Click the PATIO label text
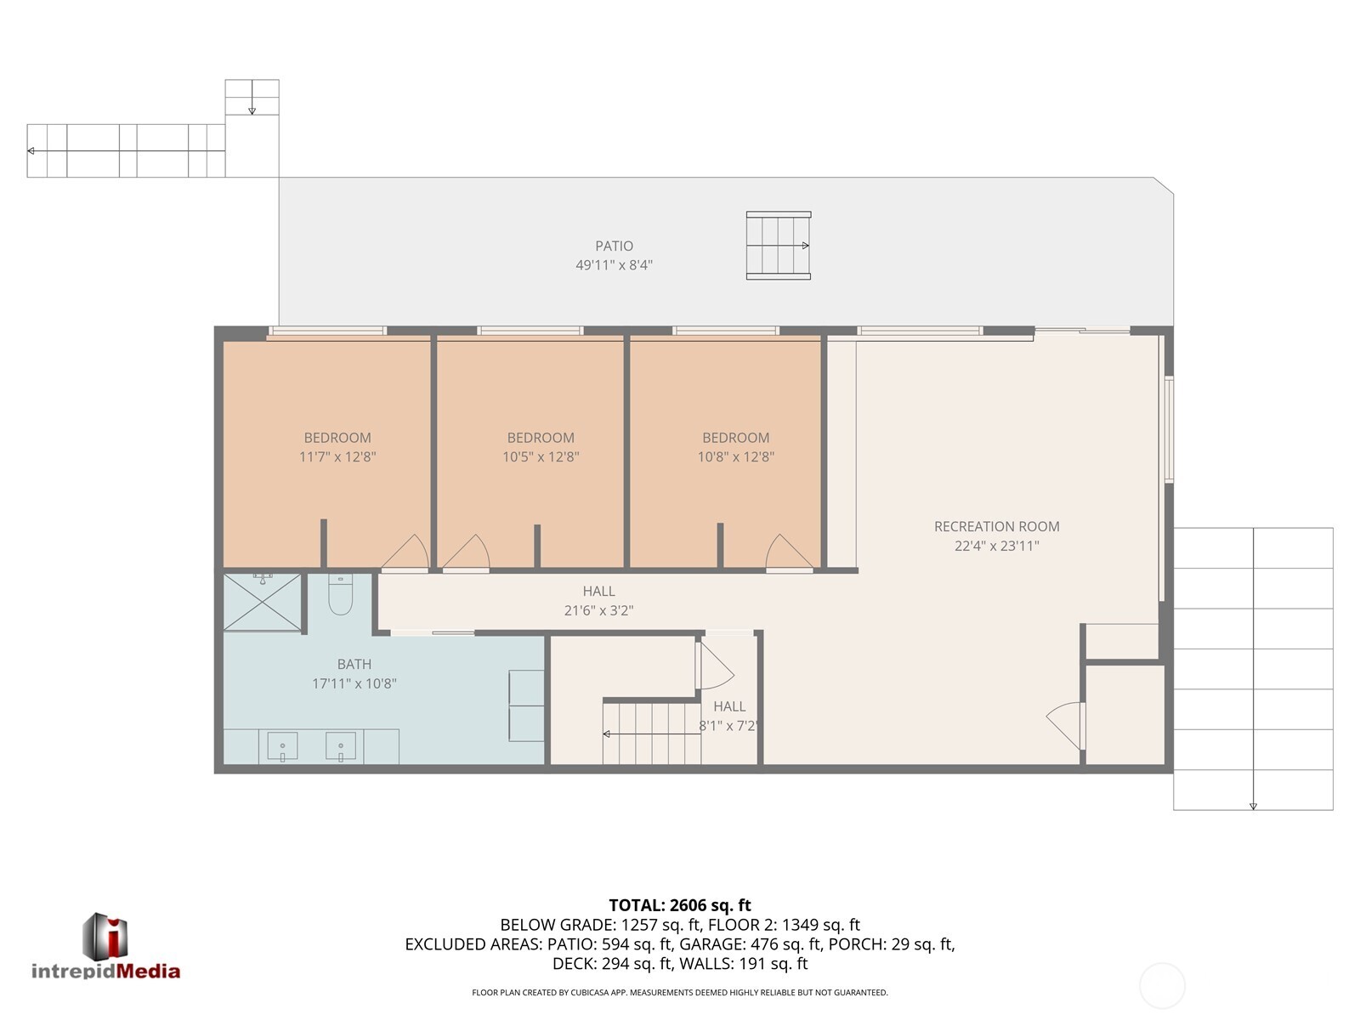(614, 246)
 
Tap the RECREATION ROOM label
(996, 527)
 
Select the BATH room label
(354, 665)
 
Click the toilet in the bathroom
(340, 595)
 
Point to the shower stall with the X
(263, 603)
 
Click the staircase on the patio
(778, 246)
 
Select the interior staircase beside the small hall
(651, 732)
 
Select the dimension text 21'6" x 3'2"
(598, 610)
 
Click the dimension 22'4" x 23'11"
(996, 547)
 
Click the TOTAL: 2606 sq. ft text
(680, 905)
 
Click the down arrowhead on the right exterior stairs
(1253, 806)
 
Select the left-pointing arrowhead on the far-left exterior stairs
(31, 151)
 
